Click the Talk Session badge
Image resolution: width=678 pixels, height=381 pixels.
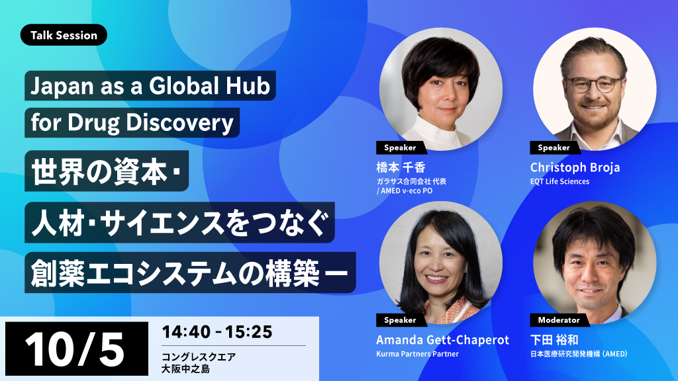[64, 35]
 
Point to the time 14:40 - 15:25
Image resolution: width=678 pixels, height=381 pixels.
[217, 332]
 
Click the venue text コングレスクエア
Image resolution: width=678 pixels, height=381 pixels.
[199, 357]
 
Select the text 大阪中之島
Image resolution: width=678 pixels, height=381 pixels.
[185, 369]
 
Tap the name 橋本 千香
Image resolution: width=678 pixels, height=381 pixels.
[401, 167]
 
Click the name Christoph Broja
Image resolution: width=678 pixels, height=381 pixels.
[575, 167]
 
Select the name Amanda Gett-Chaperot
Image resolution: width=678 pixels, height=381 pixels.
[442, 340]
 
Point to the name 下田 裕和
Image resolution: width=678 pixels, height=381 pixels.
[554, 340]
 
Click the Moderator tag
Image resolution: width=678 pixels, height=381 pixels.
[559, 320]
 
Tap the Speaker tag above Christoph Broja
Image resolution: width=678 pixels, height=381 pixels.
[554, 148]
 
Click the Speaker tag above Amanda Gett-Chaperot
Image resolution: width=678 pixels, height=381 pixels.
[400, 320]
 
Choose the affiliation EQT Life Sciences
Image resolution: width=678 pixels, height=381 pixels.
[559, 181]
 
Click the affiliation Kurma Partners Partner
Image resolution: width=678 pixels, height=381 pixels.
[417, 354]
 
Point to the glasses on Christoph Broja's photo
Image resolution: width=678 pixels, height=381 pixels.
[594, 84]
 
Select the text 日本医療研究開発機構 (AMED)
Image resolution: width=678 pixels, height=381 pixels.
[579, 354]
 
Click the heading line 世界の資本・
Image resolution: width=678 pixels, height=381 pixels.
[106, 171]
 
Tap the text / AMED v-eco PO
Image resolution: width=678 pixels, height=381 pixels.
[405, 191]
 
